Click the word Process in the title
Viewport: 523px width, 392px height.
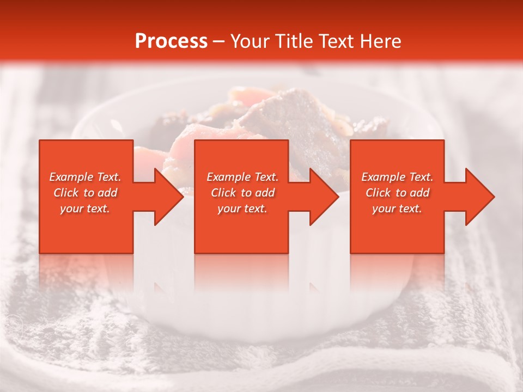click(171, 41)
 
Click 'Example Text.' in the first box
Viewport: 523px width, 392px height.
click(85, 177)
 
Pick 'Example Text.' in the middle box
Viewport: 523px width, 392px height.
click(242, 177)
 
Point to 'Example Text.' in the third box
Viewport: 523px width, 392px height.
click(397, 177)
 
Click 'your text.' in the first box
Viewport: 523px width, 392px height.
click(85, 209)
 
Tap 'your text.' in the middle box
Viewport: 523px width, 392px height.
click(242, 209)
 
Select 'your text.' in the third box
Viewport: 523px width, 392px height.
click(397, 209)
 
